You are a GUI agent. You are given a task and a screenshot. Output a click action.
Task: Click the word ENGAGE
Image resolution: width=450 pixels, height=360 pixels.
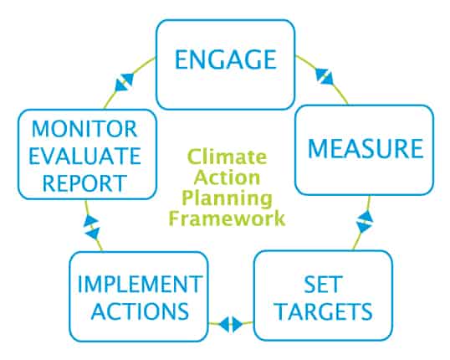tap(226, 59)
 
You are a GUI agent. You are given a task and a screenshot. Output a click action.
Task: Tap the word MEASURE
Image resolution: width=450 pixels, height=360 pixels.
tap(366, 148)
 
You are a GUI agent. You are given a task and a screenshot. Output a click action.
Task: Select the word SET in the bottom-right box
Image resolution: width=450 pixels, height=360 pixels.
tap(323, 284)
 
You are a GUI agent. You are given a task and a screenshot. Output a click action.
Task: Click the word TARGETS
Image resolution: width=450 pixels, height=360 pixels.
tap(324, 311)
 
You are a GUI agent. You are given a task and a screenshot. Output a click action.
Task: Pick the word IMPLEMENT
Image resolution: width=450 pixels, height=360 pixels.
tap(140, 284)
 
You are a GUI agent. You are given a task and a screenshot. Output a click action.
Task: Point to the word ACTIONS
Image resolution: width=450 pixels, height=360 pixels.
tap(140, 311)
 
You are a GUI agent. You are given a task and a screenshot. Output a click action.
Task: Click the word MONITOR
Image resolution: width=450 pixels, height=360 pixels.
tap(84, 129)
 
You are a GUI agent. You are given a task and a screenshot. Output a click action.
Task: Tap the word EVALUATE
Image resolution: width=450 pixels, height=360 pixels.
tap(85, 156)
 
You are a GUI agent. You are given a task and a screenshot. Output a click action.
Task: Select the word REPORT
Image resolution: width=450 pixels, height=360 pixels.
tap(84, 183)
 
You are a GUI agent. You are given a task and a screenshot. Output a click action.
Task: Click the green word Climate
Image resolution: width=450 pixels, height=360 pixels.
tap(227, 157)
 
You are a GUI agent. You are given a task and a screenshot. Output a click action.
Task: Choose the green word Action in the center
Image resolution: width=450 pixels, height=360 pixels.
tap(227, 177)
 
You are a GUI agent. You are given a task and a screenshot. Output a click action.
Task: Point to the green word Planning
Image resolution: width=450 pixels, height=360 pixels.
tap(227, 198)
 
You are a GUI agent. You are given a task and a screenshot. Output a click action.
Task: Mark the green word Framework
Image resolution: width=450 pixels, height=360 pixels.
tap(227, 218)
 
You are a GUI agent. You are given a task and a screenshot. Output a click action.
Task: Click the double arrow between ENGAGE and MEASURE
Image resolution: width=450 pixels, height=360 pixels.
tap(324, 76)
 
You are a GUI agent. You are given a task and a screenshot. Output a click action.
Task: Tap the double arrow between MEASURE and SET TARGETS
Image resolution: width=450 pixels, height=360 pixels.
tap(365, 221)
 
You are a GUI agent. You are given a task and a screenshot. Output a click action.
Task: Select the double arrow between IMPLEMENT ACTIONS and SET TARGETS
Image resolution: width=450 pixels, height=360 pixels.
tap(231, 325)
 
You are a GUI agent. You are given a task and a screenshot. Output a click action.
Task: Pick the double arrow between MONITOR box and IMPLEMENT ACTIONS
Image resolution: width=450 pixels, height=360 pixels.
tap(91, 227)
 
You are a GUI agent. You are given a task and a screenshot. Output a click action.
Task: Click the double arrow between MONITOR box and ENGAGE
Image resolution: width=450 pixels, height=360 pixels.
tap(125, 82)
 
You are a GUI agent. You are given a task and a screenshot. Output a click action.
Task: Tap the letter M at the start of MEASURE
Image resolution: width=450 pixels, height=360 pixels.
tap(317, 148)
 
